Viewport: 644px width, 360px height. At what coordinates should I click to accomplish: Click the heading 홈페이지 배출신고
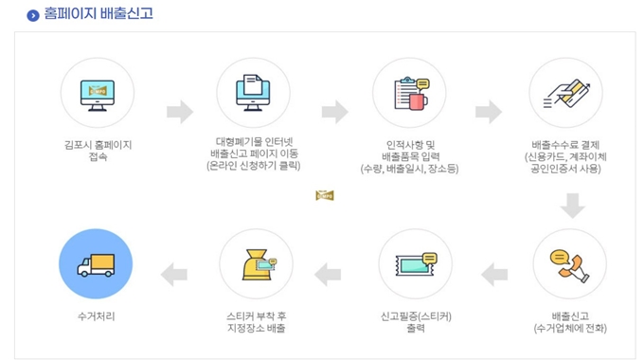(x=98, y=14)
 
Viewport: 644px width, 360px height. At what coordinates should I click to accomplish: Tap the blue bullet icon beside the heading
(x=33, y=15)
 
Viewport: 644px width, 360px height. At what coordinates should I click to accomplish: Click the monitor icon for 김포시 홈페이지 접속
(x=97, y=93)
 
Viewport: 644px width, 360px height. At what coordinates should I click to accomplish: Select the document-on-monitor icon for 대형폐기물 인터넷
(x=253, y=93)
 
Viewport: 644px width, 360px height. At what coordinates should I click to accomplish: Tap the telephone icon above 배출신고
(x=568, y=262)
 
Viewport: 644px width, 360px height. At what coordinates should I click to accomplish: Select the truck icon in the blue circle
(x=96, y=263)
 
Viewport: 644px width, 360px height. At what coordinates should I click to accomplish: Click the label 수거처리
(x=97, y=316)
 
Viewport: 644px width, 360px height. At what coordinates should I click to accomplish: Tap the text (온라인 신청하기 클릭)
(x=253, y=166)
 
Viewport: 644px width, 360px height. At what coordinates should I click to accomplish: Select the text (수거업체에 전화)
(x=569, y=328)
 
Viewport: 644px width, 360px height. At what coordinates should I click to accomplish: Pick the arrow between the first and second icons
(x=179, y=111)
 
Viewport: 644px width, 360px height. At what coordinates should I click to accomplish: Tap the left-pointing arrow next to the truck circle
(x=175, y=275)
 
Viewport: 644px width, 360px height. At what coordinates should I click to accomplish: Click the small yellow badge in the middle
(x=325, y=196)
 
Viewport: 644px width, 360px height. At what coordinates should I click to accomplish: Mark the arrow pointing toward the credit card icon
(x=489, y=111)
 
